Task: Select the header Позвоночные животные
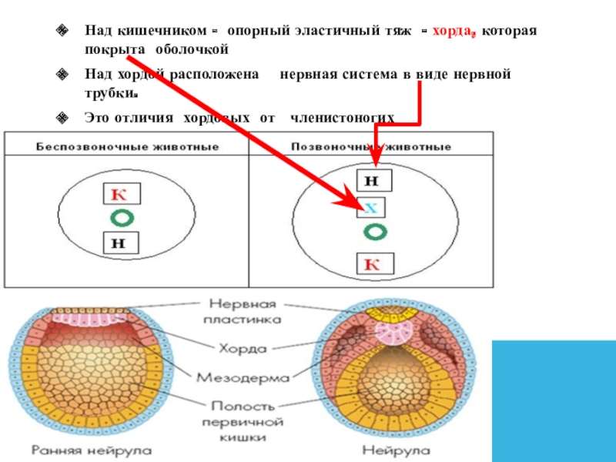[370, 145]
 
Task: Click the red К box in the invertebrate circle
[119, 194]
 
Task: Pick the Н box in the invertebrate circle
[119, 243]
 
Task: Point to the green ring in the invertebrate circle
[119, 218]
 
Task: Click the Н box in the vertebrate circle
[374, 181]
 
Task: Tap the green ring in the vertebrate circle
[374, 230]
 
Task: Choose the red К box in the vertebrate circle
[374, 265]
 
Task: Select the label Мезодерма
[243, 377]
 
